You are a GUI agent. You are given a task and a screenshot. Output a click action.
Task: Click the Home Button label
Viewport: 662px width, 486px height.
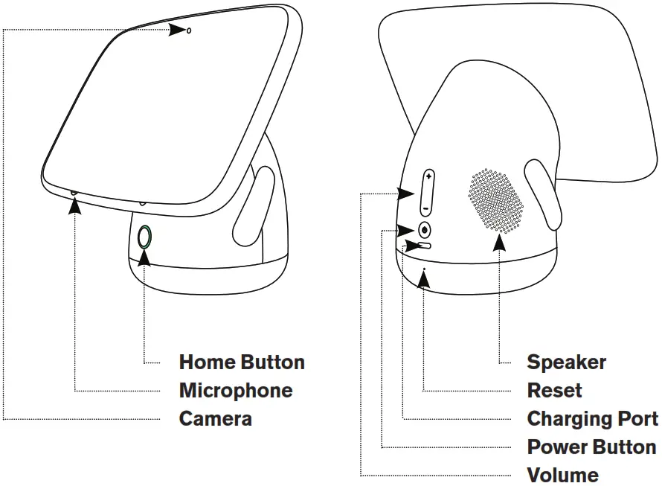pos(242,362)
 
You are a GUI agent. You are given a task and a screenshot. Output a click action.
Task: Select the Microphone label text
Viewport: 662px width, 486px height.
pos(236,391)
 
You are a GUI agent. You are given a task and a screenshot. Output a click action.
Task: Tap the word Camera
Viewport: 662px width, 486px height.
pos(216,419)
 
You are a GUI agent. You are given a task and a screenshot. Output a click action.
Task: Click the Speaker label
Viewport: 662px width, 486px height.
pos(566,362)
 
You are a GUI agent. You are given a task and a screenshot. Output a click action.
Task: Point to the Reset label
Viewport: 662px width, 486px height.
pos(554,391)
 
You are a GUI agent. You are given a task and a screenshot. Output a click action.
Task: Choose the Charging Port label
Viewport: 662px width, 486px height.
pos(592,419)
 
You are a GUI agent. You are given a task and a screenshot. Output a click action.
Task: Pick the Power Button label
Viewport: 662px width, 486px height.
pos(591,447)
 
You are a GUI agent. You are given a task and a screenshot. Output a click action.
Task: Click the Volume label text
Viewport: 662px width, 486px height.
pos(562,475)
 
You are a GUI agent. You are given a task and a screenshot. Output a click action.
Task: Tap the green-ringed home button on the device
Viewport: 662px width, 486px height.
pos(145,237)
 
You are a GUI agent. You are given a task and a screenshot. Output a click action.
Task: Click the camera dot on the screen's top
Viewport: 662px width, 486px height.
pos(189,31)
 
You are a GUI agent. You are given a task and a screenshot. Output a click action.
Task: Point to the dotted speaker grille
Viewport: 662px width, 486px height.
pos(496,199)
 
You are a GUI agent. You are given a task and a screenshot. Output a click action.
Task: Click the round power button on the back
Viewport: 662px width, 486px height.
pos(425,230)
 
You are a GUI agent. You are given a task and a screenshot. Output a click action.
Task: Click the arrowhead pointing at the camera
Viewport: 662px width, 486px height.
pos(176,30)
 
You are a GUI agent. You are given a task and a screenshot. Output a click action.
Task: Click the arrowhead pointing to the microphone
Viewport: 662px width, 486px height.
pos(74,206)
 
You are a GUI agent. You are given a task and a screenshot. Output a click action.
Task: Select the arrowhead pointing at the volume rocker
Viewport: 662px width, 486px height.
pos(405,194)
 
